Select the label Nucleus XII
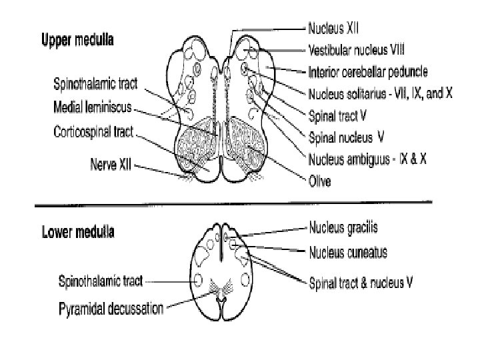pyautogui.click(x=333, y=30)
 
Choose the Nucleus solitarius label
pyautogui.click(x=381, y=94)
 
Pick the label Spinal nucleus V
pyautogui.click(x=345, y=139)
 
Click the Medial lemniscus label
pyautogui.click(x=93, y=106)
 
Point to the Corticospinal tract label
pyautogui.click(x=93, y=132)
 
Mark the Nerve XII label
pyautogui.click(x=109, y=162)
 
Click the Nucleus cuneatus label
pyautogui.click(x=347, y=253)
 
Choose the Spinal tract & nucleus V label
pyautogui.click(x=361, y=283)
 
